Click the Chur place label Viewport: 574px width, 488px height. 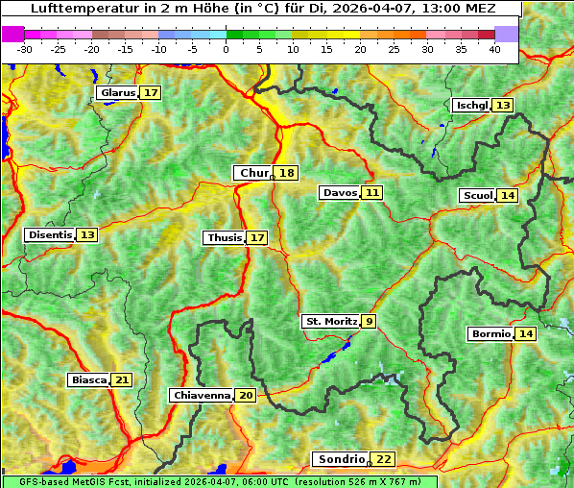tap(254, 173)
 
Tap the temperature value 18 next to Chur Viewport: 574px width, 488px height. tap(287, 173)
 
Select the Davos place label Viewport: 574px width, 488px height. tap(340, 193)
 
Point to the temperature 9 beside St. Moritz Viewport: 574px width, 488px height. tap(370, 321)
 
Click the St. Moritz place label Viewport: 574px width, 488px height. tap(331, 321)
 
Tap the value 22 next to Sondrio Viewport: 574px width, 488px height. tap(383, 459)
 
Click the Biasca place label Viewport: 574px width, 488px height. tap(88, 379)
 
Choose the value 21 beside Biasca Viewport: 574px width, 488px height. tap(121, 379)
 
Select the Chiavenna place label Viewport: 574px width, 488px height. tap(202, 395)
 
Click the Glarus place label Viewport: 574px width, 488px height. tap(117, 93)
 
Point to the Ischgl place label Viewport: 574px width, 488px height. tap(471, 105)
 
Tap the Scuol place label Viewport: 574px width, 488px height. tap(477, 196)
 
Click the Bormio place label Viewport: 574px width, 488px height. tap(490, 334)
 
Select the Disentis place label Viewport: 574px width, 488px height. tap(50, 234)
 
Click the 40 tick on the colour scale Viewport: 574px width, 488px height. tap(494, 48)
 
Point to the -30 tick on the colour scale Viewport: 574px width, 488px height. tap(25, 48)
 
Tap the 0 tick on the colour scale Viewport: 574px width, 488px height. tap(226, 48)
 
